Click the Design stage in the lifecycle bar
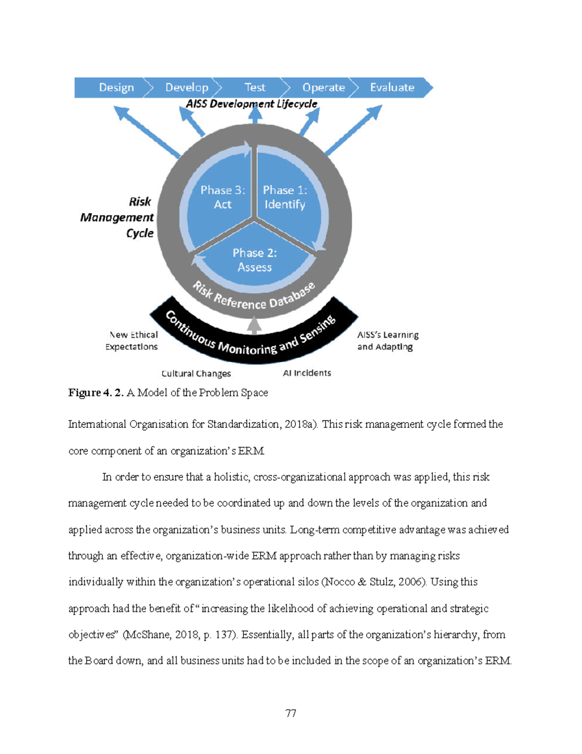[x=116, y=87]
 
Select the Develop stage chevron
[x=187, y=87]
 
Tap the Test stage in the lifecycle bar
[x=255, y=87]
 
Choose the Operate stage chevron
[x=323, y=87]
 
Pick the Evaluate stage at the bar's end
[x=392, y=87]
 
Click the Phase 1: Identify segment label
[x=285, y=197]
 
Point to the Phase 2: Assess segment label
[x=255, y=260]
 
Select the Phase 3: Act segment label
[x=223, y=197]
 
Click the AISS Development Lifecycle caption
[x=251, y=104]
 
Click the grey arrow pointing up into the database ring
[x=254, y=325]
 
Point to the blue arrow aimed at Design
[x=146, y=132]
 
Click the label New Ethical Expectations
[x=132, y=340]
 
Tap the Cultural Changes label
[x=196, y=373]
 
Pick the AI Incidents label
[x=307, y=373]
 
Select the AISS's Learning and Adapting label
[x=387, y=340]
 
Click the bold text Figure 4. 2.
[x=96, y=392]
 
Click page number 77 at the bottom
[x=291, y=713]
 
